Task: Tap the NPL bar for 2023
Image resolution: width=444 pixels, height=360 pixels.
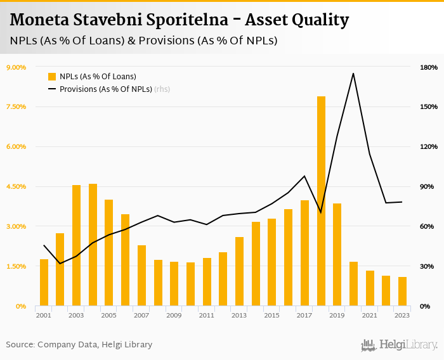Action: [x=402, y=292]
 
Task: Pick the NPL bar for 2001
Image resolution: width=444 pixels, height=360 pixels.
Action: [x=44, y=283]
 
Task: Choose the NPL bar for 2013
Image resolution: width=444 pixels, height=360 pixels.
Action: [x=239, y=272]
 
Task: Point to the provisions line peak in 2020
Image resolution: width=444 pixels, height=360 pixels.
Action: [x=353, y=74]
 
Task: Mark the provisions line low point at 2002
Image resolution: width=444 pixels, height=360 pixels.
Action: [x=60, y=263]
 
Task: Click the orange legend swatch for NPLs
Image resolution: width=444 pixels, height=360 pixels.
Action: [x=52, y=77]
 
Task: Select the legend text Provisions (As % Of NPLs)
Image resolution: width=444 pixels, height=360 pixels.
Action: [x=105, y=89]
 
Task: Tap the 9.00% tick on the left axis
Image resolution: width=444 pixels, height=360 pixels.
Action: [x=16, y=67]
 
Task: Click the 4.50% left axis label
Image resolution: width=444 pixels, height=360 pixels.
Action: [x=16, y=186]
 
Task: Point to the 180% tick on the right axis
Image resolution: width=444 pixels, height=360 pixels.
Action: [x=429, y=67]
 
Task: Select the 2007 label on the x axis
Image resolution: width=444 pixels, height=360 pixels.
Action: [x=141, y=315]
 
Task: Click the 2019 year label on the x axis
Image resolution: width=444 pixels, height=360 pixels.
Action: [x=337, y=315]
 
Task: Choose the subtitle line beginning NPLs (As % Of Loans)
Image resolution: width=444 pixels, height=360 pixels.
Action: [x=143, y=41]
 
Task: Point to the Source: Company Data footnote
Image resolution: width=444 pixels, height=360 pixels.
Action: [x=79, y=345]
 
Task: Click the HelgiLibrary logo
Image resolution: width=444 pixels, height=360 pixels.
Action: [x=400, y=345]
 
